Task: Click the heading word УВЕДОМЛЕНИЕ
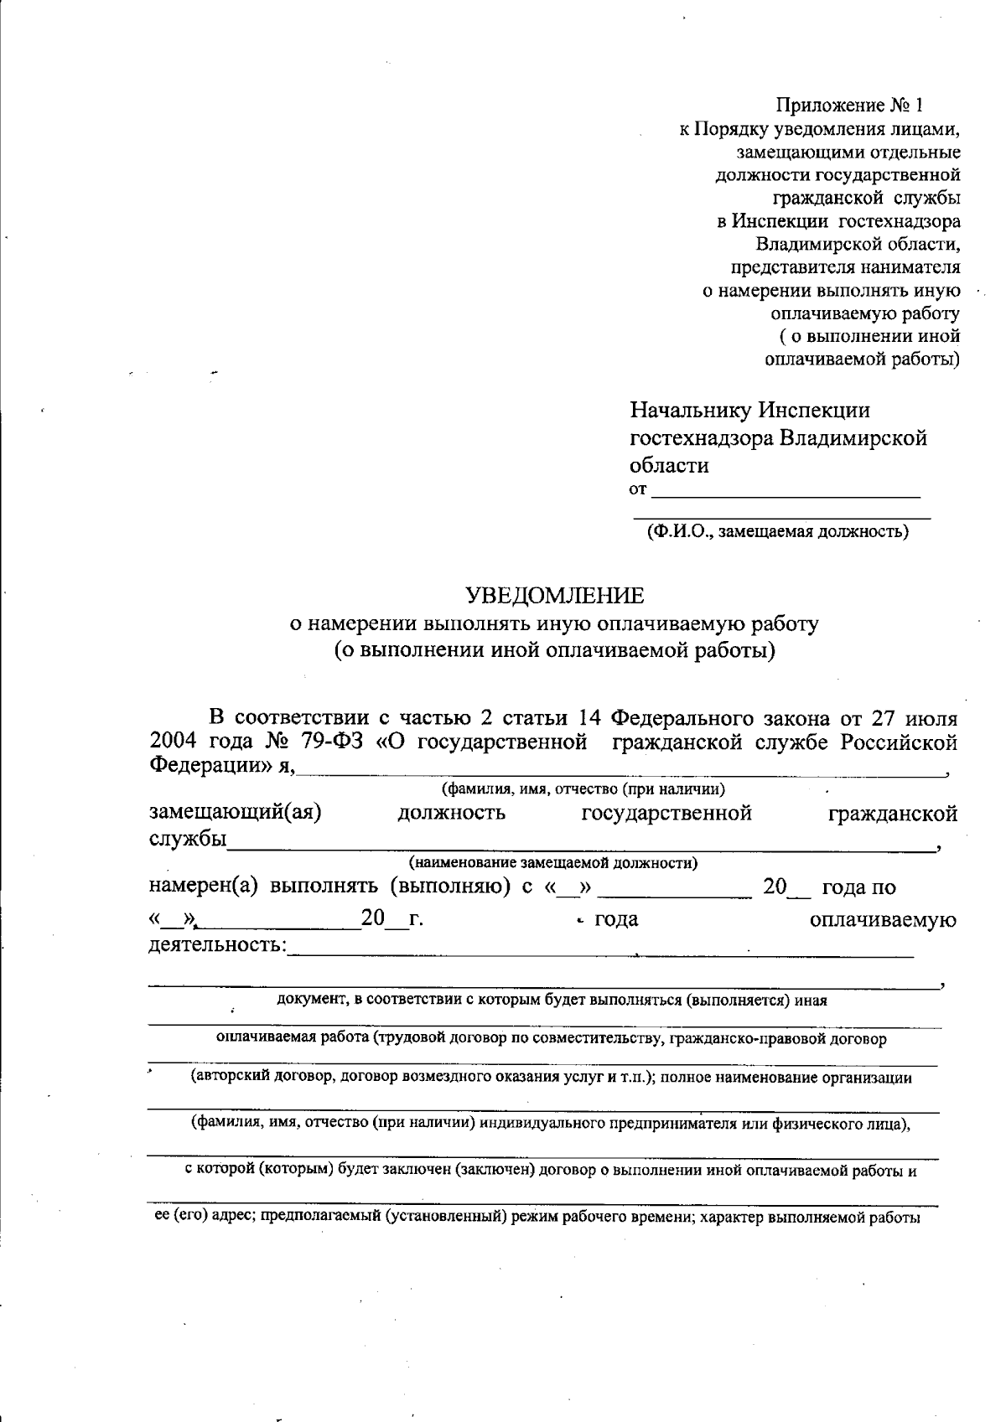click(x=555, y=596)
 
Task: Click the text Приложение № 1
click(x=848, y=106)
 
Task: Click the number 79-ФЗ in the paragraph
click(x=330, y=742)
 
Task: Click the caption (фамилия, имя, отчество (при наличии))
click(x=583, y=789)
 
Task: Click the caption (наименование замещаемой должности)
click(x=553, y=862)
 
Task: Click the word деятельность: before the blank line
click(x=217, y=945)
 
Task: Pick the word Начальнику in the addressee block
click(x=691, y=411)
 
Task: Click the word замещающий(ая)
click(x=236, y=813)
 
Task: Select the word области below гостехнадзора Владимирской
click(x=669, y=466)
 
